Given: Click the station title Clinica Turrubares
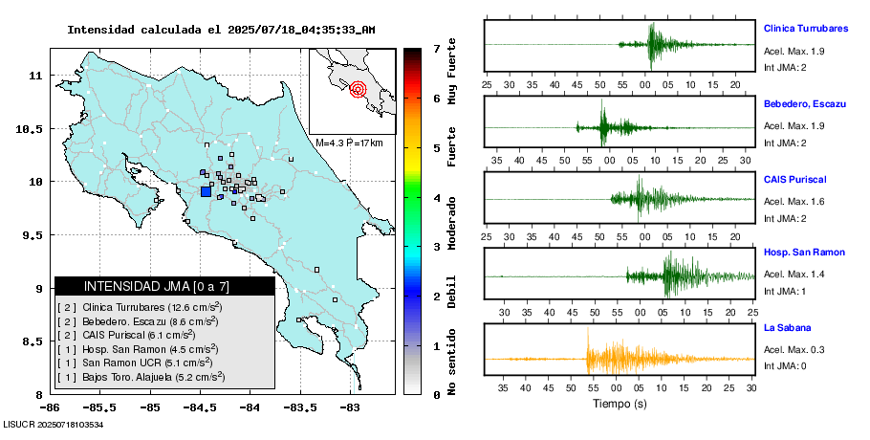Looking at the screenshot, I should click(x=806, y=29).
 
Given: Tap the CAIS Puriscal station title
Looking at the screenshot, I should click(x=794, y=179).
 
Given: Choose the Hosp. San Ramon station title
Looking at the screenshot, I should click(x=804, y=253).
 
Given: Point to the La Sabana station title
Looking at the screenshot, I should click(x=787, y=328).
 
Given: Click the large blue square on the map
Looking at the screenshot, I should click(x=206, y=191).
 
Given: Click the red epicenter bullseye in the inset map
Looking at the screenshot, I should click(x=359, y=90).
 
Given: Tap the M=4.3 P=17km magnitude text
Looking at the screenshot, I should click(x=350, y=143).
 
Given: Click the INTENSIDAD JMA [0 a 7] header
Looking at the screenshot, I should click(x=157, y=286).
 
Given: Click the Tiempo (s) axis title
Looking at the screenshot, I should click(x=620, y=404).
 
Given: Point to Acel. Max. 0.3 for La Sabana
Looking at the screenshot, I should click(x=794, y=350).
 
